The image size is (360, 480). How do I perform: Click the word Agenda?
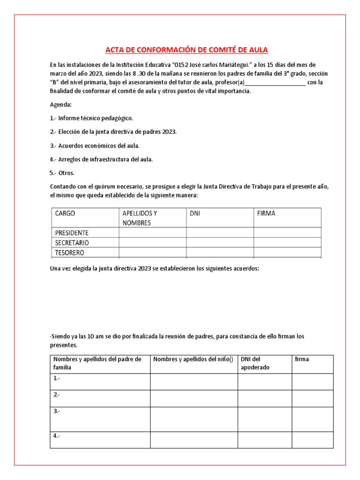tap(61, 105)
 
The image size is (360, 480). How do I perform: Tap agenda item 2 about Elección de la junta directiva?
tap(113, 132)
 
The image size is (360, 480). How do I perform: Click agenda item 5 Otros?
tap(62, 172)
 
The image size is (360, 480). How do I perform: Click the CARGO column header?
tap(65, 213)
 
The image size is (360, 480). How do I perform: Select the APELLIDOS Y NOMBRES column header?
tap(140, 218)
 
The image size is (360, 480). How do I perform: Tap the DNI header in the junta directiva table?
tap(195, 213)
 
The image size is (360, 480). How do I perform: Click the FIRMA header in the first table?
tap(266, 213)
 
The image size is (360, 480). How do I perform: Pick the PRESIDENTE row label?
tap(72, 233)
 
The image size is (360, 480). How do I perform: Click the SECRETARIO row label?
tap(72, 243)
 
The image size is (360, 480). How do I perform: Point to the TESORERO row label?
tap(69, 253)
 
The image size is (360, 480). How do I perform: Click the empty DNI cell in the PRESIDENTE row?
tap(220, 233)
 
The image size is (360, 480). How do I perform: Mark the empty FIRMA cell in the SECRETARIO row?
tap(287, 243)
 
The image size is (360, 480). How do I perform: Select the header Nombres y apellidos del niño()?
tap(193, 360)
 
